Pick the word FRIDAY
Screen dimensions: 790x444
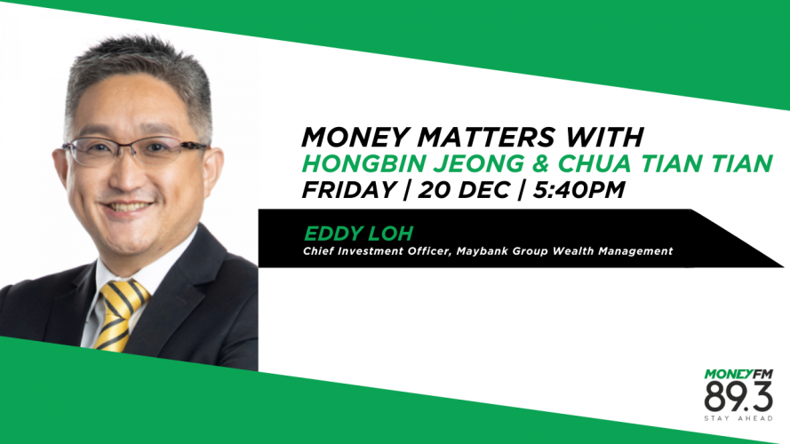(x=348, y=190)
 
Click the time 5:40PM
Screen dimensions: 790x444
(x=579, y=190)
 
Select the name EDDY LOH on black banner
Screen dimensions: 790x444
(x=359, y=233)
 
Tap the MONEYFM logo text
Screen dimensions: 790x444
(x=738, y=374)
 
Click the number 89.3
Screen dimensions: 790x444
(x=738, y=397)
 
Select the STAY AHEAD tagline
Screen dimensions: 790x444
(x=738, y=418)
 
